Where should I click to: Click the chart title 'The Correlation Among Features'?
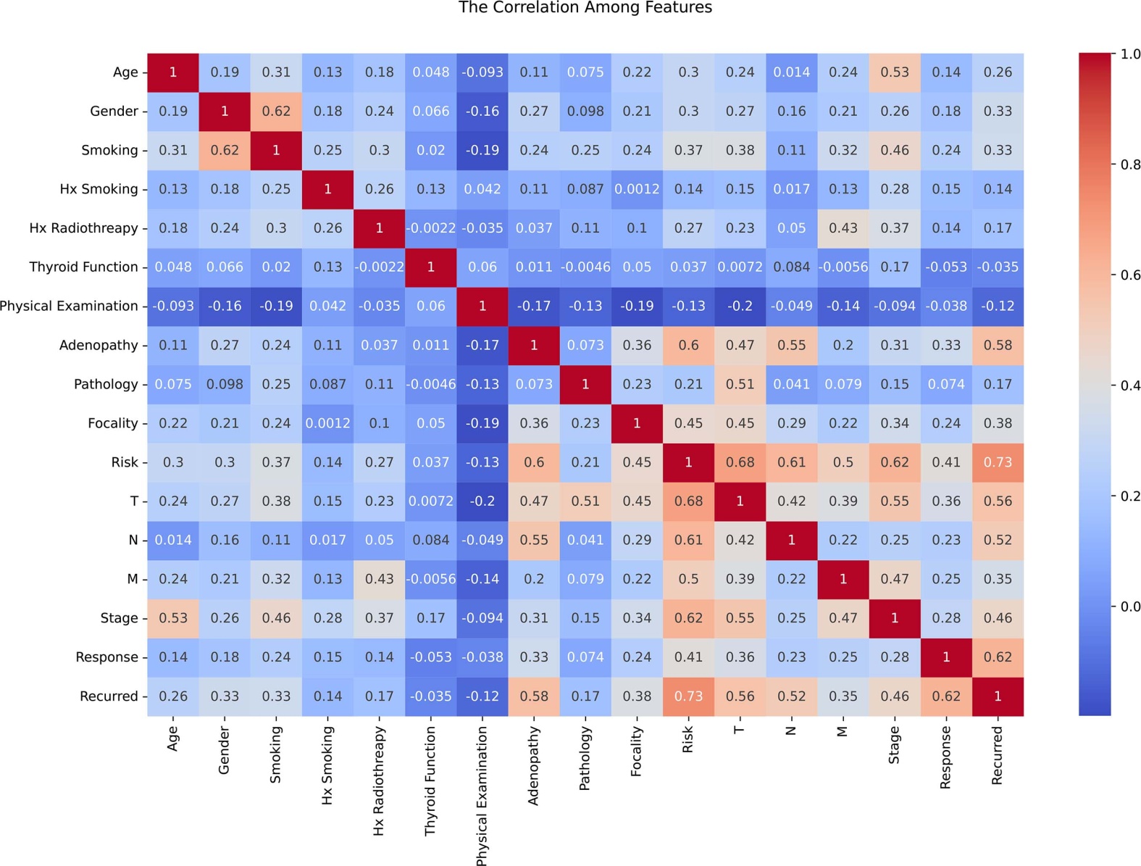pos(585,8)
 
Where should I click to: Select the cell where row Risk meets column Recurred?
pos(998,462)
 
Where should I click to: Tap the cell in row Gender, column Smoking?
pos(276,112)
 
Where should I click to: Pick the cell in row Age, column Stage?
pos(895,72)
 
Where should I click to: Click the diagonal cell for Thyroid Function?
pos(431,267)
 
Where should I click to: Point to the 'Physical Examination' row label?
pos(69,307)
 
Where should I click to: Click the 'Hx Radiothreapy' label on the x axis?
pos(378,781)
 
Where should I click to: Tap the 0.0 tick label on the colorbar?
pos(1130,607)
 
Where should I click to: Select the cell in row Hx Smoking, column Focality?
pos(637,189)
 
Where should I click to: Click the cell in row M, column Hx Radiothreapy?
pos(379,579)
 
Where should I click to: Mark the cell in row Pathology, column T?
pos(740,384)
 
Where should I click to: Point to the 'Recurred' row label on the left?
pos(109,696)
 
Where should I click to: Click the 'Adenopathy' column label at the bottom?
pos(534,766)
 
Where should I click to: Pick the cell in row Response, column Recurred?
pos(998,657)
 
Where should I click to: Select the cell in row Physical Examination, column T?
pos(740,307)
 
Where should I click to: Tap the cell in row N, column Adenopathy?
pos(534,541)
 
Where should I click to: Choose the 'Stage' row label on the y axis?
pos(119,618)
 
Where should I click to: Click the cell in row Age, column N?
pos(791,72)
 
